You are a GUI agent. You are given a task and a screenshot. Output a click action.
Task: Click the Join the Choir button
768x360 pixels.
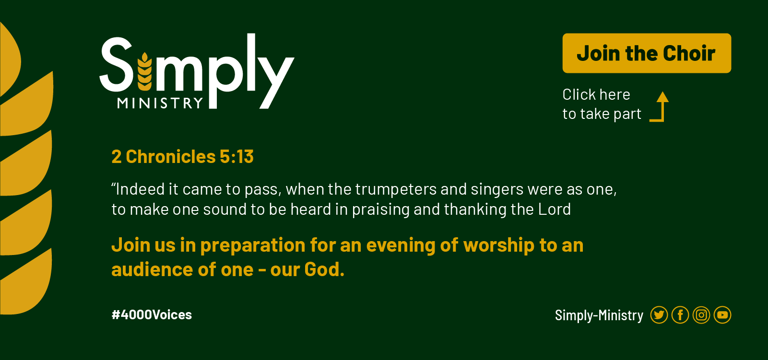pos(647,53)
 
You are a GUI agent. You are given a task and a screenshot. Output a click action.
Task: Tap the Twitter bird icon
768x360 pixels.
pos(659,315)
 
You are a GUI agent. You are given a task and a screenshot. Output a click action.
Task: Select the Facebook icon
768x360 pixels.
pos(680,315)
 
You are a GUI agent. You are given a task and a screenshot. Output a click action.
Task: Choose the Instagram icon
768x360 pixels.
pos(701,315)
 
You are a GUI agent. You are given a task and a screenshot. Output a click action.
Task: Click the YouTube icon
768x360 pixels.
pos(722,315)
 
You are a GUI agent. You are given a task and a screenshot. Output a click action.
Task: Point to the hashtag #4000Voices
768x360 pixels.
pos(152,315)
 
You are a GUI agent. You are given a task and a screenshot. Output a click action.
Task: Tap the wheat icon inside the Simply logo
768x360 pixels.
pos(145,71)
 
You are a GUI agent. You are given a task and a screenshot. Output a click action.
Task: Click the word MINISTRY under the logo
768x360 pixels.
pos(160,103)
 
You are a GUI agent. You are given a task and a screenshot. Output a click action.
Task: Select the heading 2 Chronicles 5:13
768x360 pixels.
pos(182,157)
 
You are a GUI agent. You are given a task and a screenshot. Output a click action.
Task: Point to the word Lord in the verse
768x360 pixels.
pos(555,209)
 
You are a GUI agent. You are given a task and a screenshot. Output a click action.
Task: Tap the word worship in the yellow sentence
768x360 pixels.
pos(499,245)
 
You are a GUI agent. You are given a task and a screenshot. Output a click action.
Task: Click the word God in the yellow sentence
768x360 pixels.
pos(324,269)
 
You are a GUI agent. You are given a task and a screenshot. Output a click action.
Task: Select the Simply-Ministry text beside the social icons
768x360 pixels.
pos(599,315)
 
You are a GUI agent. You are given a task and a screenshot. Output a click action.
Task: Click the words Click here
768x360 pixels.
pos(596,94)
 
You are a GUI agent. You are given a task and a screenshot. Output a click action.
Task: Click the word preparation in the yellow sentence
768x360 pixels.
pos(253,246)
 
